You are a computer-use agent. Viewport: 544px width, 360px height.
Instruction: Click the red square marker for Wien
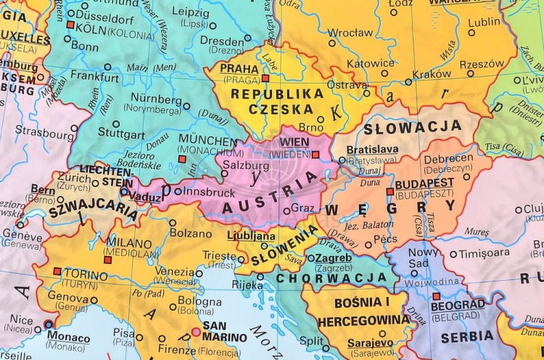pos(315,154)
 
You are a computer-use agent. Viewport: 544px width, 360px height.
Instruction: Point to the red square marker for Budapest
pos(390,192)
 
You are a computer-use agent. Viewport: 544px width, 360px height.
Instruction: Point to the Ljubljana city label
pos(251,236)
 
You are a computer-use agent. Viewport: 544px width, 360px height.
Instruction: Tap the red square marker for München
pos(182,157)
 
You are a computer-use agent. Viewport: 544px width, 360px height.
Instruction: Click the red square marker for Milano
pos(107,259)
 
